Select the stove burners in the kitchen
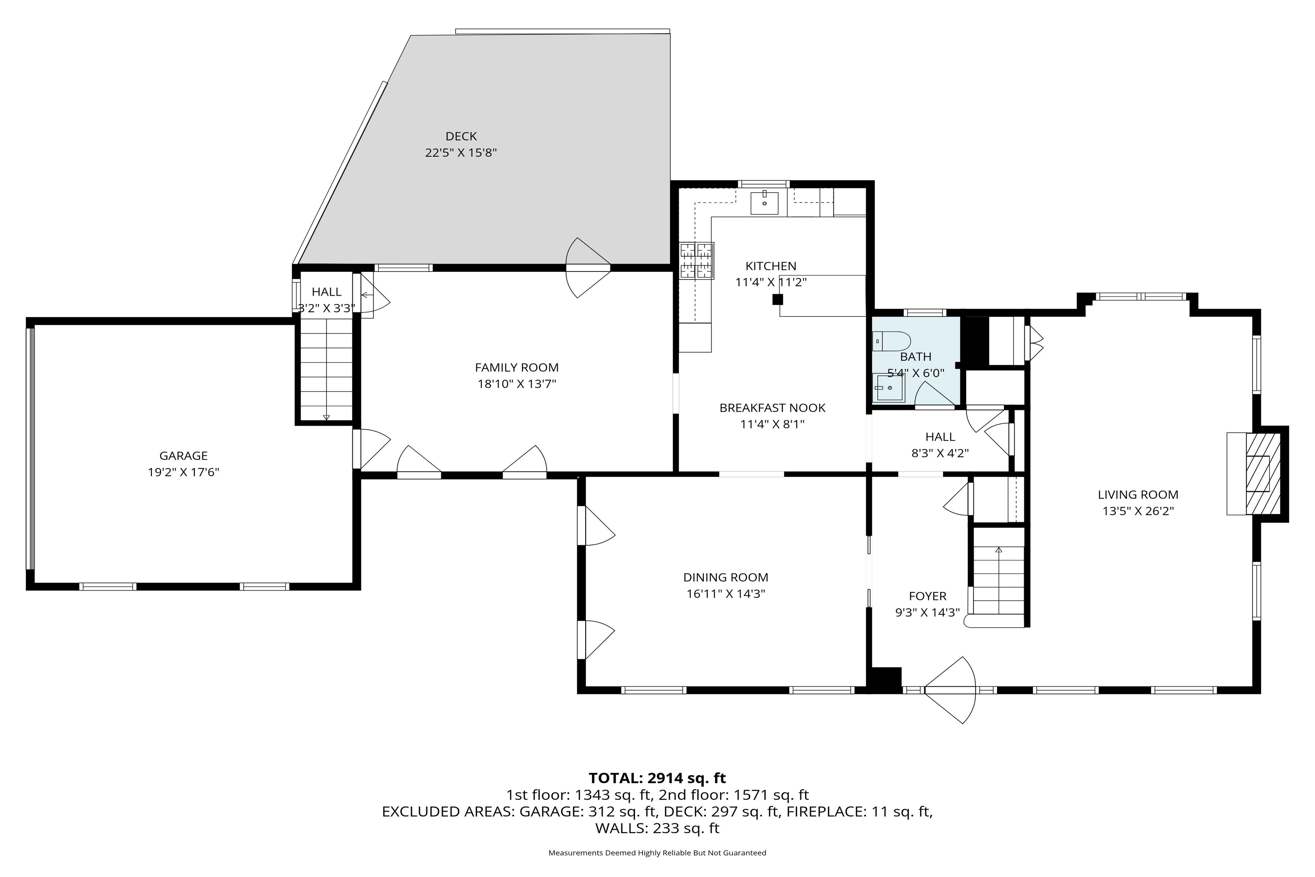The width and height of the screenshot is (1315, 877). [697, 261]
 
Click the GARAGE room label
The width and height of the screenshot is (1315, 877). [183, 455]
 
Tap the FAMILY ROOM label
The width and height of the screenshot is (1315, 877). [517, 368]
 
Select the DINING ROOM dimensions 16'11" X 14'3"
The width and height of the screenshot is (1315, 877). [726, 593]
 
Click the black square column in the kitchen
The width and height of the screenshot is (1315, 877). [778, 300]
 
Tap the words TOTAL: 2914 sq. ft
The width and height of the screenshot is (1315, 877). [657, 778]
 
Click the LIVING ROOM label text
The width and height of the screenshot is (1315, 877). [1138, 494]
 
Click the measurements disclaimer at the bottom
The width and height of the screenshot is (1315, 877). [657, 853]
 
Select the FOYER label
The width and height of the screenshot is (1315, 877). [927, 596]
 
